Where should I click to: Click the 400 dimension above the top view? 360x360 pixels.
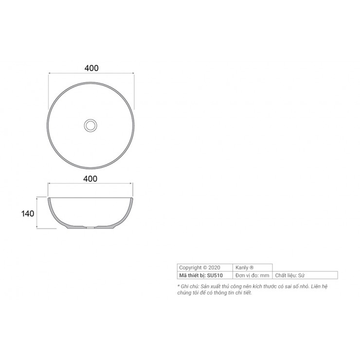[x=91, y=68]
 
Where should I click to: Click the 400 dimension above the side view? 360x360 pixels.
[x=90, y=179]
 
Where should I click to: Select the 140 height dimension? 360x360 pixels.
[x=28, y=214]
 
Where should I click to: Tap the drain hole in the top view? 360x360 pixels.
[x=90, y=126]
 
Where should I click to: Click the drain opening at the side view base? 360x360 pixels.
[x=90, y=228]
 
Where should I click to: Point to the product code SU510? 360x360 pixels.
[x=215, y=275]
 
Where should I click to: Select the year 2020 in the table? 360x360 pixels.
[x=214, y=268]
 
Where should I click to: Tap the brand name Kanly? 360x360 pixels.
[x=242, y=268]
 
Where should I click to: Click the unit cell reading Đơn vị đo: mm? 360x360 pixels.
[x=252, y=275]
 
